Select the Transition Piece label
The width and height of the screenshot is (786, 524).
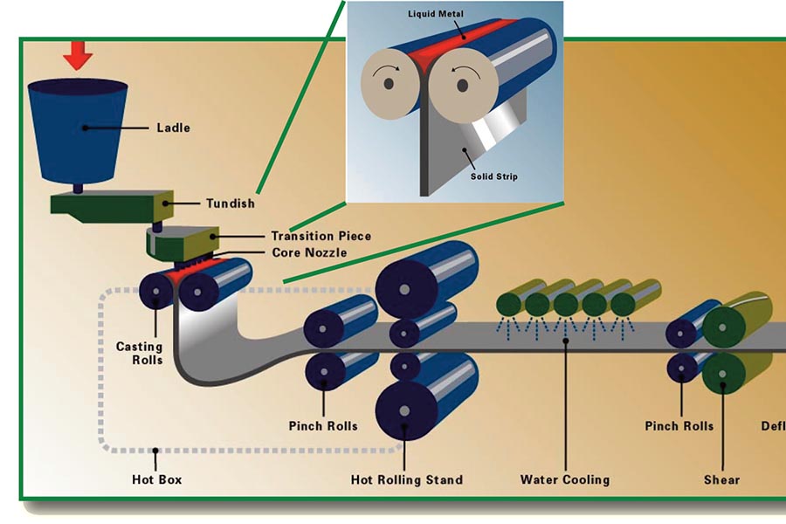coord(321,236)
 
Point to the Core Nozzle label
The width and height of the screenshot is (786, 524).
coord(308,252)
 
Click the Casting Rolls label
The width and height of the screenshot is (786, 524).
coord(140,353)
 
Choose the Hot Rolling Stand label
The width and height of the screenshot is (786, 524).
coord(406,479)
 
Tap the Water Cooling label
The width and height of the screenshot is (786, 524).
coord(564,479)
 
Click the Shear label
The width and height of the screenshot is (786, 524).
coord(721,479)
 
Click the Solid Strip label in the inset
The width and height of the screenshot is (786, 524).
coord(493,176)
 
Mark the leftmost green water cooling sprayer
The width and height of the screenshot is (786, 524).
coord(510,303)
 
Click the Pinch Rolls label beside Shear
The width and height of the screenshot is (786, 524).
coord(679,426)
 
